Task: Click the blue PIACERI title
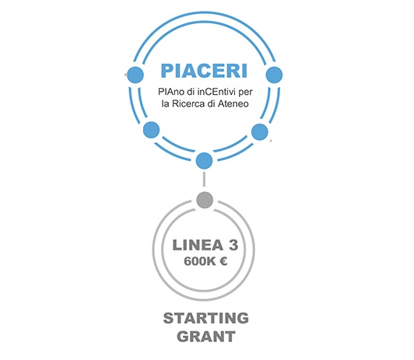click(x=204, y=71)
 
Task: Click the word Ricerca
click(x=188, y=103)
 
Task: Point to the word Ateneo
click(x=233, y=103)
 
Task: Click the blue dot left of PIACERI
click(x=135, y=75)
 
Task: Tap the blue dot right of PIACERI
click(x=274, y=75)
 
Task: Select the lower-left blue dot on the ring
click(x=152, y=130)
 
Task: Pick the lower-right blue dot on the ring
click(x=260, y=132)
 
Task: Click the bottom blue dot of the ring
click(x=204, y=160)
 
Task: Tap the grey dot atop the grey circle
click(x=205, y=200)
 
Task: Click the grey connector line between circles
click(x=204, y=180)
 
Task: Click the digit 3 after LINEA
click(x=233, y=245)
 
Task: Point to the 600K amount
click(x=199, y=261)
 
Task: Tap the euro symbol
click(x=223, y=261)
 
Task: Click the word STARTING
click(x=206, y=318)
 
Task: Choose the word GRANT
click(x=206, y=337)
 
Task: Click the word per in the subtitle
click(x=246, y=93)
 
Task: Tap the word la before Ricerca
click(x=165, y=103)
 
